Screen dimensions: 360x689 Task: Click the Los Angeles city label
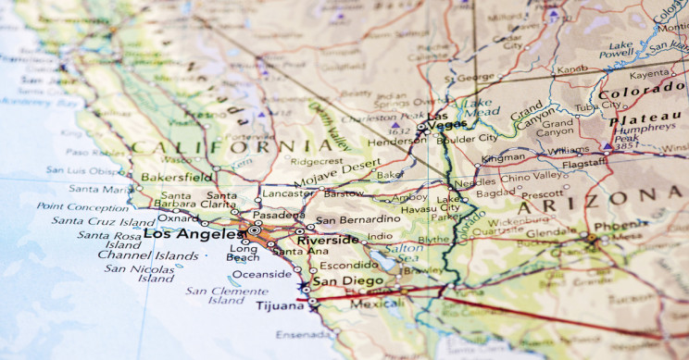pyautogui.click(x=193, y=233)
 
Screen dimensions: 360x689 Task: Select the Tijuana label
pyautogui.click(x=280, y=305)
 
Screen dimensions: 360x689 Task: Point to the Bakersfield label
pyautogui.click(x=177, y=175)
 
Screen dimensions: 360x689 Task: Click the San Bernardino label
pyautogui.click(x=357, y=220)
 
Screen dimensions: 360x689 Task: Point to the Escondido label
pyautogui.click(x=344, y=263)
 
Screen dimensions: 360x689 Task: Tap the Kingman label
pyautogui.click(x=503, y=158)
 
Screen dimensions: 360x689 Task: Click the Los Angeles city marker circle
pyautogui.click(x=253, y=230)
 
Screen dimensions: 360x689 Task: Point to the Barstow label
pyautogui.click(x=344, y=194)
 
